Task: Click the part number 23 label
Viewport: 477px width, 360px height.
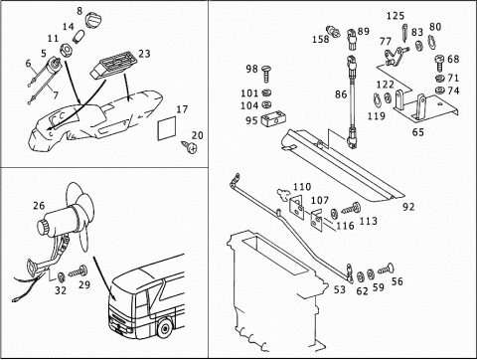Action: click(144, 54)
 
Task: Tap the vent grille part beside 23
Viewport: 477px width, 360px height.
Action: click(113, 65)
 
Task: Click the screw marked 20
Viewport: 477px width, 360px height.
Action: click(190, 147)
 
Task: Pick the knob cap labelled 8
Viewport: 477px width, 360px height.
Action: click(92, 20)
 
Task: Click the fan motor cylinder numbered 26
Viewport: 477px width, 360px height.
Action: click(60, 221)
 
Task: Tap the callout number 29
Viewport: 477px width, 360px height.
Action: click(84, 284)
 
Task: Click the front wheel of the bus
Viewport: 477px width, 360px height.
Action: click(164, 327)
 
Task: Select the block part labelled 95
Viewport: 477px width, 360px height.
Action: click(274, 119)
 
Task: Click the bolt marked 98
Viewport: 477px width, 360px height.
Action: click(266, 74)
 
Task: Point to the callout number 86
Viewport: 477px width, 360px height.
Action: click(341, 94)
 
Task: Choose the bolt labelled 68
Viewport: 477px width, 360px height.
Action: click(440, 63)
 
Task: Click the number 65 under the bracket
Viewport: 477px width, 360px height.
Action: click(418, 132)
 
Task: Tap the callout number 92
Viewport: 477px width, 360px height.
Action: click(408, 207)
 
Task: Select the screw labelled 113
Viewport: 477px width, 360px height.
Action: click(351, 208)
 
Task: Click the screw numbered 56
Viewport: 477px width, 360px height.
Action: click(387, 269)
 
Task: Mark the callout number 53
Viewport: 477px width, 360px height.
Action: click(340, 289)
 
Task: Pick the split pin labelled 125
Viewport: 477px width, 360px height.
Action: click(405, 33)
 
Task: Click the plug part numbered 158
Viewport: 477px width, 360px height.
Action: click(333, 32)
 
